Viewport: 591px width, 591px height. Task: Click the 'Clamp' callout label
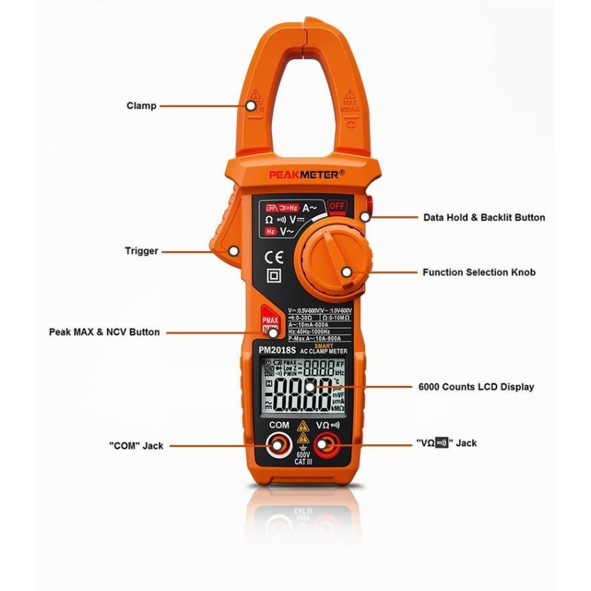(x=141, y=106)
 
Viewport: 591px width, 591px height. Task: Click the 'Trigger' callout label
(x=143, y=251)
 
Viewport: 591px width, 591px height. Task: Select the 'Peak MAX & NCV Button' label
(x=104, y=332)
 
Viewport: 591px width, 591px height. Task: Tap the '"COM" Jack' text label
(x=136, y=446)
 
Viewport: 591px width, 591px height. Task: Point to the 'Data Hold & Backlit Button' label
(x=484, y=217)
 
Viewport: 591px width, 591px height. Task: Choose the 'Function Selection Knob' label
(x=479, y=272)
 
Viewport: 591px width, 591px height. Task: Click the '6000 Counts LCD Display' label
(x=476, y=387)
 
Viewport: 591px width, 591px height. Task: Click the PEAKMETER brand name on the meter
(x=307, y=175)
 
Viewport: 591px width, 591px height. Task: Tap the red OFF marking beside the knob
(x=337, y=207)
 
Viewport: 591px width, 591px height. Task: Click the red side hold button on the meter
(x=368, y=206)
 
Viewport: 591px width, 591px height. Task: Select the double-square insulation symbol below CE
(x=274, y=277)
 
